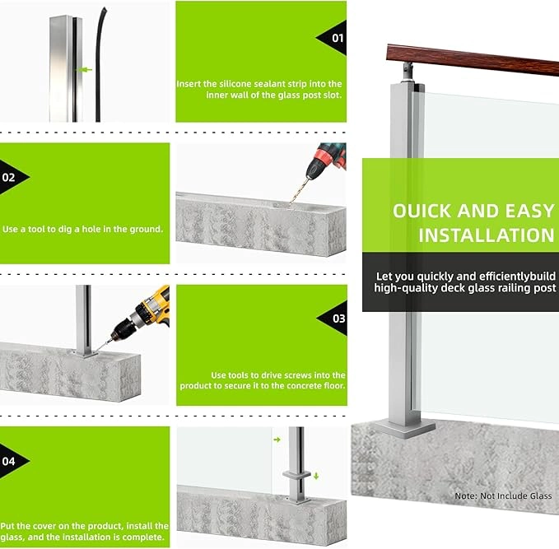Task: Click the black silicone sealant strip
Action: tap(99, 64)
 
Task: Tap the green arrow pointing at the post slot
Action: tap(85, 70)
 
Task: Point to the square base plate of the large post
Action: tap(404, 429)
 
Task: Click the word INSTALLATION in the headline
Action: tap(487, 235)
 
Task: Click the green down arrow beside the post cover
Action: tap(316, 476)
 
